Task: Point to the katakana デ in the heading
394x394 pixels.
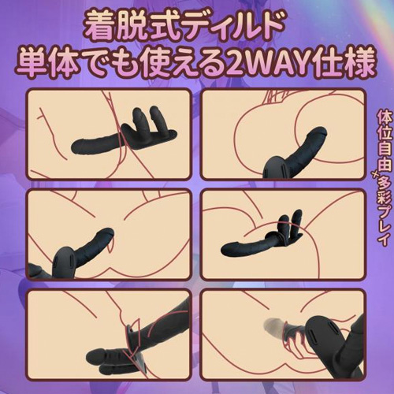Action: click(216, 25)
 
